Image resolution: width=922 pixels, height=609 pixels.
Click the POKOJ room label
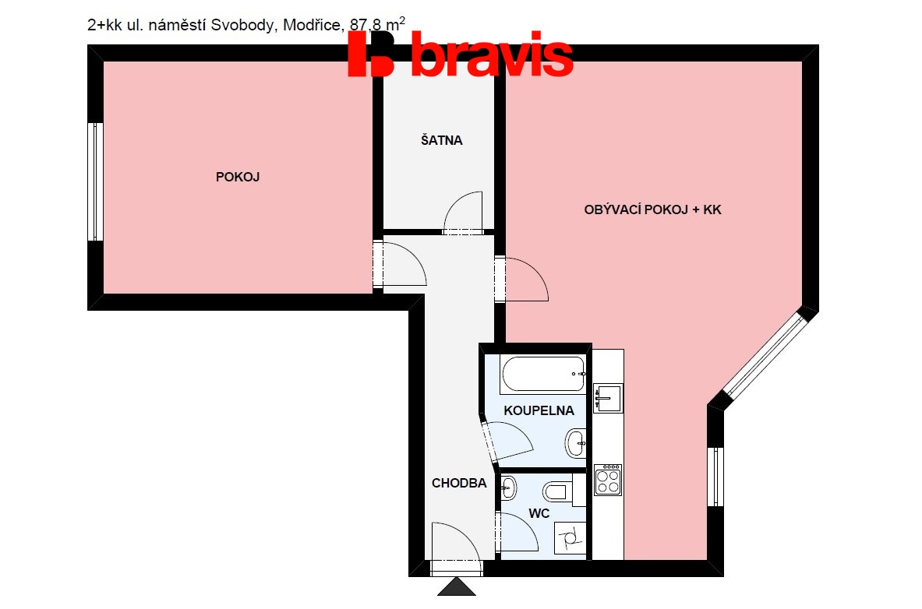238,177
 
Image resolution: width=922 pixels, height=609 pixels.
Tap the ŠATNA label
442,140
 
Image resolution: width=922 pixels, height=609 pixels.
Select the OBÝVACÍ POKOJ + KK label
652,209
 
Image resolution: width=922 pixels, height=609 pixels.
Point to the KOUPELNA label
539,410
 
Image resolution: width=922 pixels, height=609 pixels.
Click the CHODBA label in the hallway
459,483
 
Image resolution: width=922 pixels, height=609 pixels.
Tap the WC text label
539,513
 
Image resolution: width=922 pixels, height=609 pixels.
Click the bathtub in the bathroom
543,374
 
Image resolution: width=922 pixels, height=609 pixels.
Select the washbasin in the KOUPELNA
576,442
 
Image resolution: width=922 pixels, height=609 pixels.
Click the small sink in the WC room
508,488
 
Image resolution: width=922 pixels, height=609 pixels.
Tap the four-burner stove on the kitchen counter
608,480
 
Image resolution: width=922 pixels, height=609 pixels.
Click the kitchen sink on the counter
608,398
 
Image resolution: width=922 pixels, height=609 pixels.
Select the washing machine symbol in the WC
570,537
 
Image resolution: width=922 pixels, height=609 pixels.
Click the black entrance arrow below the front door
457,586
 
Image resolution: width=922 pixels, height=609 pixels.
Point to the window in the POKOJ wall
96,181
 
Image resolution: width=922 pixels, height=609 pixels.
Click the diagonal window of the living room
764,356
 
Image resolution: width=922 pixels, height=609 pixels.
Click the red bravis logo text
461,54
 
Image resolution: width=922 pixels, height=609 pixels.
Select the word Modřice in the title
312,25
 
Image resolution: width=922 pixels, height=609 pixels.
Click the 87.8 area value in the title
366,25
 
